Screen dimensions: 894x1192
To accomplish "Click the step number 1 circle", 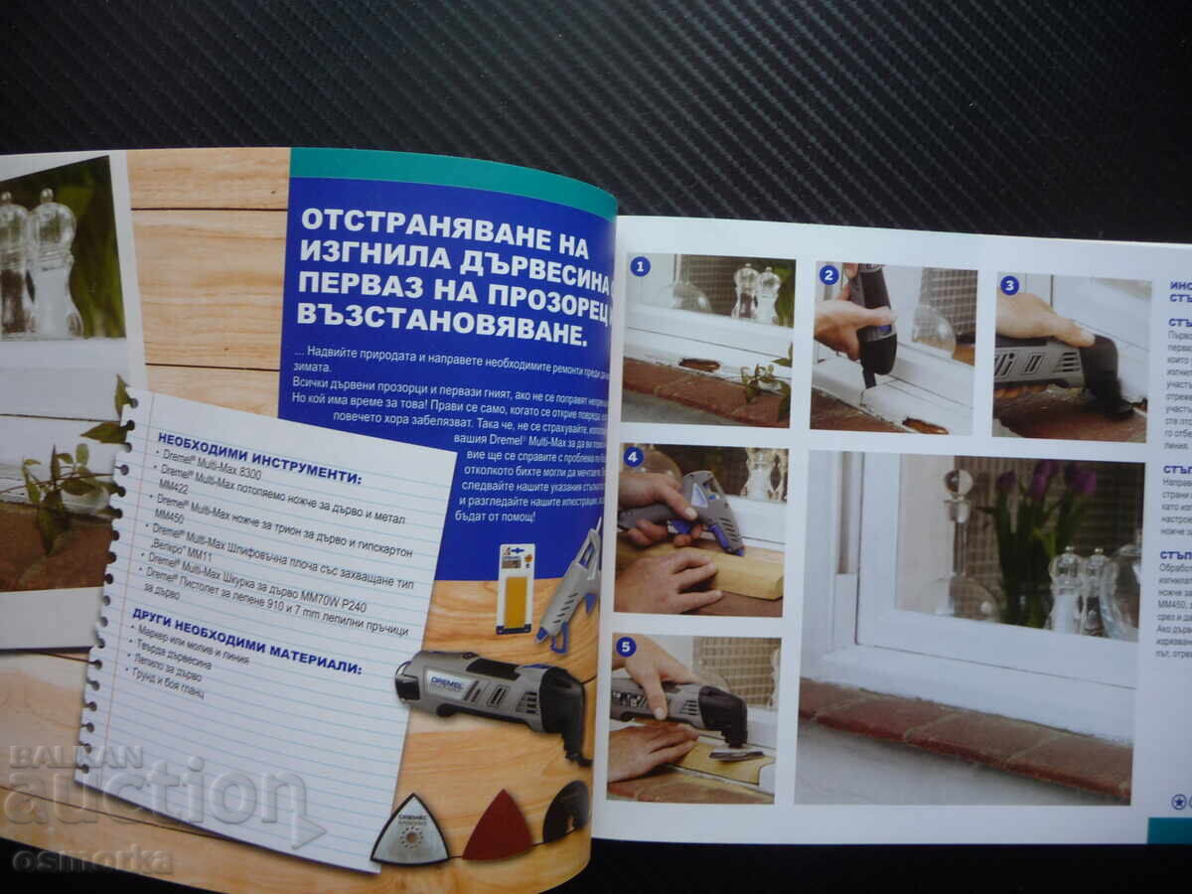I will click(x=640, y=266).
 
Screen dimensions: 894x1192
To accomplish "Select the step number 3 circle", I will click(x=1009, y=286).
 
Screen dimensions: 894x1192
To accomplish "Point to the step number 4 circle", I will click(x=633, y=458).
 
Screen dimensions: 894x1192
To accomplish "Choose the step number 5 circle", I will click(x=626, y=647).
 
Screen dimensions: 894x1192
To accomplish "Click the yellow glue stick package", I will click(x=516, y=588).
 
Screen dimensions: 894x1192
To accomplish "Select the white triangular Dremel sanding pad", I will click(x=409, y=833).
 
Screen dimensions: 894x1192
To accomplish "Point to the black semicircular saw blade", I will click(x=567, y=810).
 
